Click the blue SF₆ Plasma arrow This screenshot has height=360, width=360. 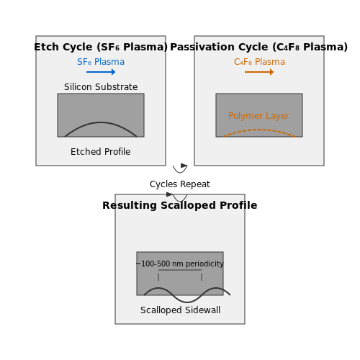(101, 72)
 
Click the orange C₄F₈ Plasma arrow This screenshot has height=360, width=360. (259, 72)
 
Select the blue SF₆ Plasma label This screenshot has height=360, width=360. (101, 62)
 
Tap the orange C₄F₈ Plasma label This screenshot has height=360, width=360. (259, 62)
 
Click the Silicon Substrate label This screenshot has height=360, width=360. (101, 87)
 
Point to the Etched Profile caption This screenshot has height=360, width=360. (101, 152)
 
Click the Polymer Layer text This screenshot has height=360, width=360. (258, 116)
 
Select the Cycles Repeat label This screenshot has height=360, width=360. (180, 184)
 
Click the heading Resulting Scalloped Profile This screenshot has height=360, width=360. (180, 205)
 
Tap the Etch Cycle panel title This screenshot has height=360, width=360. (101, 47)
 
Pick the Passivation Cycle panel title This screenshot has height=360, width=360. (259, 47)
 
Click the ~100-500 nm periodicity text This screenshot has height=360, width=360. (180, 264)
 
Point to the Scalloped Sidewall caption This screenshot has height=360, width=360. (180, 310)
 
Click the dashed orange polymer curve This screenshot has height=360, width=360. (259, 130)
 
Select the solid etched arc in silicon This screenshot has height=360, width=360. (101, 122)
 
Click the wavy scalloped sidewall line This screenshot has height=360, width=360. (187, 302)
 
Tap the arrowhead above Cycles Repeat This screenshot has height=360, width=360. (184, 166)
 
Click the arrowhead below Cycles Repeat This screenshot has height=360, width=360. (170, 194)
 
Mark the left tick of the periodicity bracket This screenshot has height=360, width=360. (158, 277)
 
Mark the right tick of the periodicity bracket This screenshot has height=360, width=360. (202, 277)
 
